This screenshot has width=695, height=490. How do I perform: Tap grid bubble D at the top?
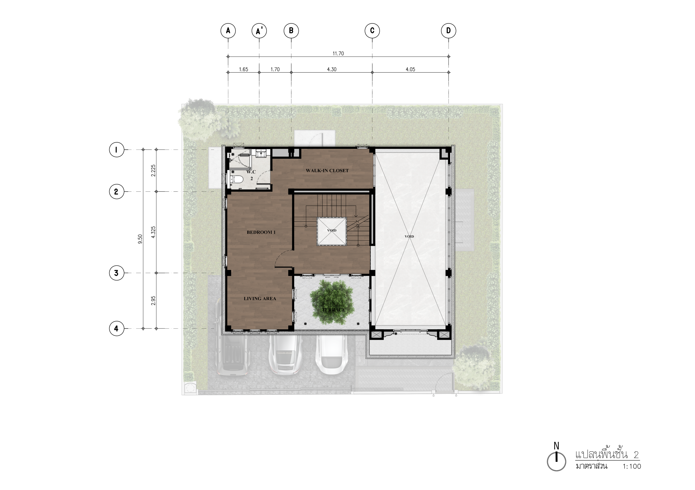click(x=449, y=31)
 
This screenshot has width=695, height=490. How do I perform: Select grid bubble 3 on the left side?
click(x=116, y=273)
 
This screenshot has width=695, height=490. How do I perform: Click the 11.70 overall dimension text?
click(x=338, y=54)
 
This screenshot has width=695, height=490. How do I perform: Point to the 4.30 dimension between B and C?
click(x=332, y=69)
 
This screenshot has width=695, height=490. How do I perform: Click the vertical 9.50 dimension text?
click(x=140, y=239)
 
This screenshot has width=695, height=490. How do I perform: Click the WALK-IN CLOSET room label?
click(x=327, y=171)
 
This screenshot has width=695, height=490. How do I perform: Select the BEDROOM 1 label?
click(x=261, y=232)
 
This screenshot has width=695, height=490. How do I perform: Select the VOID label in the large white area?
click(x=409, y=237)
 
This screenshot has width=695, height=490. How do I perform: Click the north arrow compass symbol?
click(x=556, y=461)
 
